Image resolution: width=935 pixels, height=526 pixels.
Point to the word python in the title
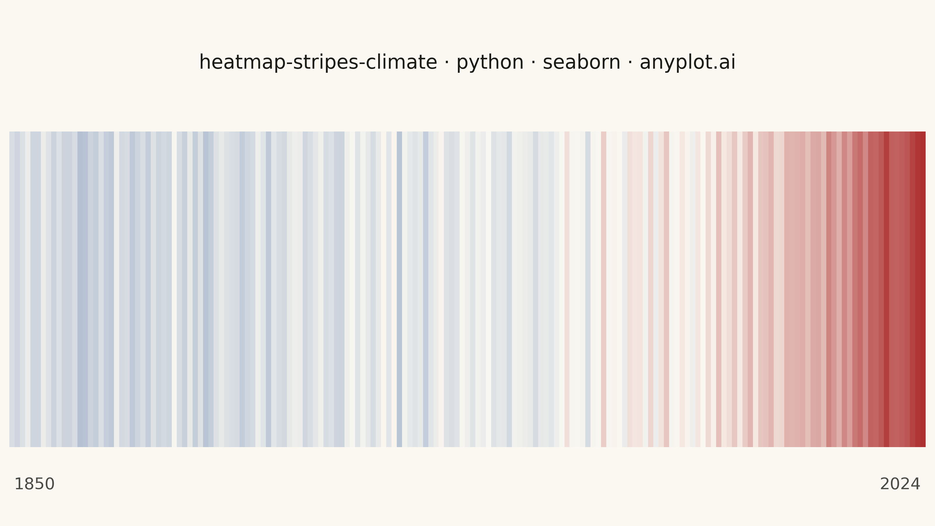[490, 63]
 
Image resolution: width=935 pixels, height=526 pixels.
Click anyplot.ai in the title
[688, 63]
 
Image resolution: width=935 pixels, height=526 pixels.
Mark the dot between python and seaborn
[533, 62]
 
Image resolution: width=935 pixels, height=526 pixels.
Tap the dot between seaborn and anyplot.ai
[630, 62]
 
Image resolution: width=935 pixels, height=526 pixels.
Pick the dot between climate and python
[446, 62]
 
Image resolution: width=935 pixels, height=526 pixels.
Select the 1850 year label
[34, 484]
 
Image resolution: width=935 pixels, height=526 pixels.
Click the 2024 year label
[900, 484]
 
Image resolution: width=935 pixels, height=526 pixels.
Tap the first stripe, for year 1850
[12, 289]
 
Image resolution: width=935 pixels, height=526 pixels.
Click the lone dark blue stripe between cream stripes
[399, 289]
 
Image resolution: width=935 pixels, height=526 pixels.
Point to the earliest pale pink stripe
[567, 289]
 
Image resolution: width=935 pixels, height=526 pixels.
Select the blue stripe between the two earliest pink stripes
[588, 289]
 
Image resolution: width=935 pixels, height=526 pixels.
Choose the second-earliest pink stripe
[604, 289]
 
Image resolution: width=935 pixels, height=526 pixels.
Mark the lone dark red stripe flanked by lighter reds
[886, 289]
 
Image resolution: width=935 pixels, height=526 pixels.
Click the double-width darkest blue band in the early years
[83, 289]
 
